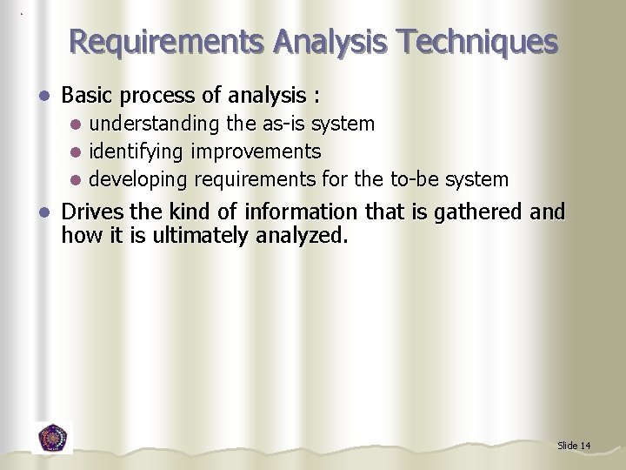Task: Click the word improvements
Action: (256, 152)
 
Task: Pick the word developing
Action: (139, 180)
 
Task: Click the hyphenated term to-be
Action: (414, 179)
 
